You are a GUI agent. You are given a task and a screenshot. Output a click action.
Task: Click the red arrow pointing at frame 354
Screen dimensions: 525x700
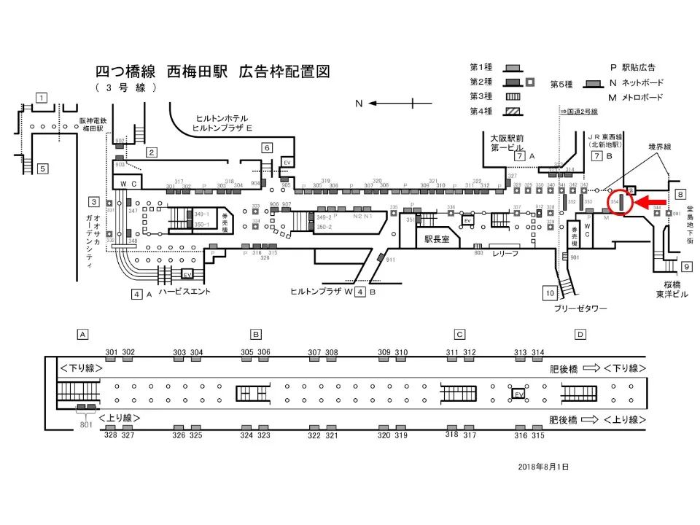653,202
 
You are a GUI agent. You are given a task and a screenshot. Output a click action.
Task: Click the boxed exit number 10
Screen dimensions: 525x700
550,293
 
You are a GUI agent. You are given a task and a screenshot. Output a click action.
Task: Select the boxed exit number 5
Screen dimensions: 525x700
42,168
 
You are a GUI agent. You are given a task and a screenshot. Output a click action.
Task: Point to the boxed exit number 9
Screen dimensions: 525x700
687,267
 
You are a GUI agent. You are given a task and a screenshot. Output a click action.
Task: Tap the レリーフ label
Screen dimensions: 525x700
505,252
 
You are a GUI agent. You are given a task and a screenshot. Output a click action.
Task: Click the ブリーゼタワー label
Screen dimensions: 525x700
582,308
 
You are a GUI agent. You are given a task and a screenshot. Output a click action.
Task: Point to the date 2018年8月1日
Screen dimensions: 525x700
542,466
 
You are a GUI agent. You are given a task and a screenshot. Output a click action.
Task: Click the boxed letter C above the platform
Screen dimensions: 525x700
459,335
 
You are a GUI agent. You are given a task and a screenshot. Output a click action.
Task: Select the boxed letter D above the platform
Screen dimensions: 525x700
580,335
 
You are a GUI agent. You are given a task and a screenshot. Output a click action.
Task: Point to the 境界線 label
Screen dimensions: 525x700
660,146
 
